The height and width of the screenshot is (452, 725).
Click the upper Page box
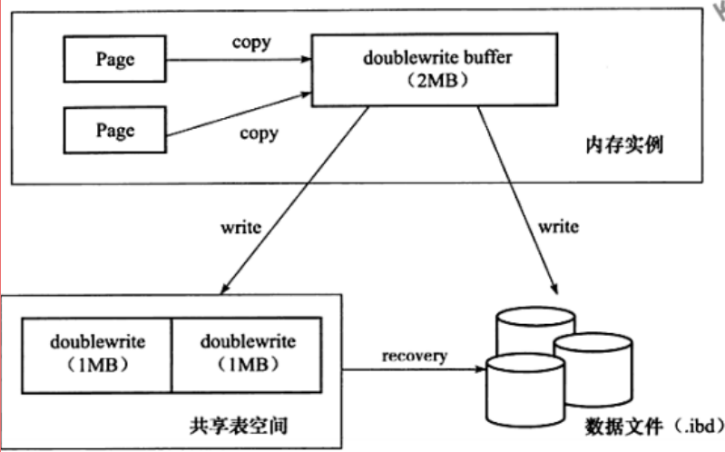click(x=115, y=59)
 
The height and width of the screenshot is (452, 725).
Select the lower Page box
click(x=115, y=129)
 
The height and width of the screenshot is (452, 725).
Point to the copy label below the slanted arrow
click(x=259, y=133)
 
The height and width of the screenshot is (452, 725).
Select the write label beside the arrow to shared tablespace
click(x=240, y=226)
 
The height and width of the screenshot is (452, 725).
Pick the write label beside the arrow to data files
click(x=558, y=226)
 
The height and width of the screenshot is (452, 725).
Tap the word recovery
click(x=414, y=355)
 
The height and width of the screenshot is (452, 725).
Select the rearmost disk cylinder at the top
click(x=535, y=331)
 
